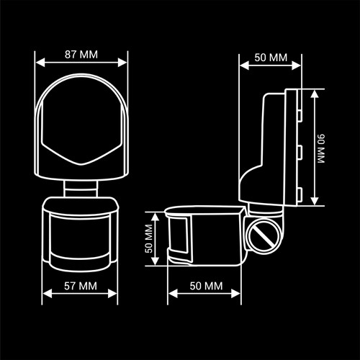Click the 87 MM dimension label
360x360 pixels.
point(81,55)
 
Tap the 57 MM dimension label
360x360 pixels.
point(81,286)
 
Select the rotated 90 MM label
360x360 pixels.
point(321,148)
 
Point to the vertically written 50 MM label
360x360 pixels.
point(149,238)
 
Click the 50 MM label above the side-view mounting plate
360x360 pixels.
point(271,58)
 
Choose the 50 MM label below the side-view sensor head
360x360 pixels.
point(206,286)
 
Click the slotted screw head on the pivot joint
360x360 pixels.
point(264,236)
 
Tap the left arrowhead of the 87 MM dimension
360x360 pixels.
point(40,63)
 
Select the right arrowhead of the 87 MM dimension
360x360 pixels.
point(122,63)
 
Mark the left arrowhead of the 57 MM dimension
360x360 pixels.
point(48,294)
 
